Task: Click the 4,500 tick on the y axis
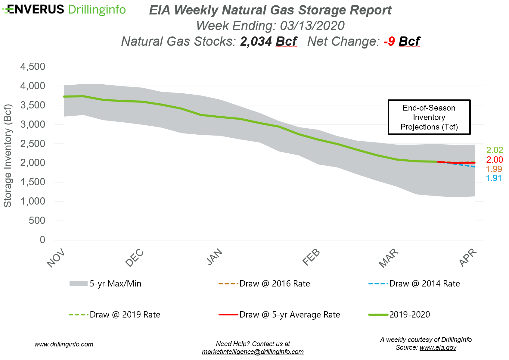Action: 33,67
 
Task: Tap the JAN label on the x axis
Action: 215,257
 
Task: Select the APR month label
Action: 468,258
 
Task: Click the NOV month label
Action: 56,258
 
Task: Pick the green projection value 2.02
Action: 495,150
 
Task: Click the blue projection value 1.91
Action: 494,178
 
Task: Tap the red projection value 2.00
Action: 495,160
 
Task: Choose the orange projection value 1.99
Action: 494,169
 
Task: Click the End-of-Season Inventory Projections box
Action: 429,117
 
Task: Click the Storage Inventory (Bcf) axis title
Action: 8,155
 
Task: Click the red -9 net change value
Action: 389,42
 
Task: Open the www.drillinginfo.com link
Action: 64,344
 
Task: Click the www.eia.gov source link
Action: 438,348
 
